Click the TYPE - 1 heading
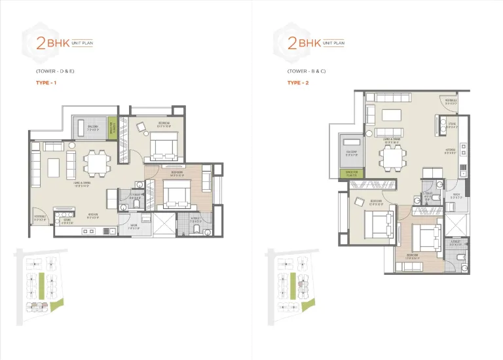[46, 83]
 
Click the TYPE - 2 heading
[297, 83]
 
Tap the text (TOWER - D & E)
[56, 70]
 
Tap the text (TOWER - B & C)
[307, 70]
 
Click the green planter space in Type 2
[352, 173]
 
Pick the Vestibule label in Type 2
[450, 102]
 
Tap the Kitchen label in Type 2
[451, 150]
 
